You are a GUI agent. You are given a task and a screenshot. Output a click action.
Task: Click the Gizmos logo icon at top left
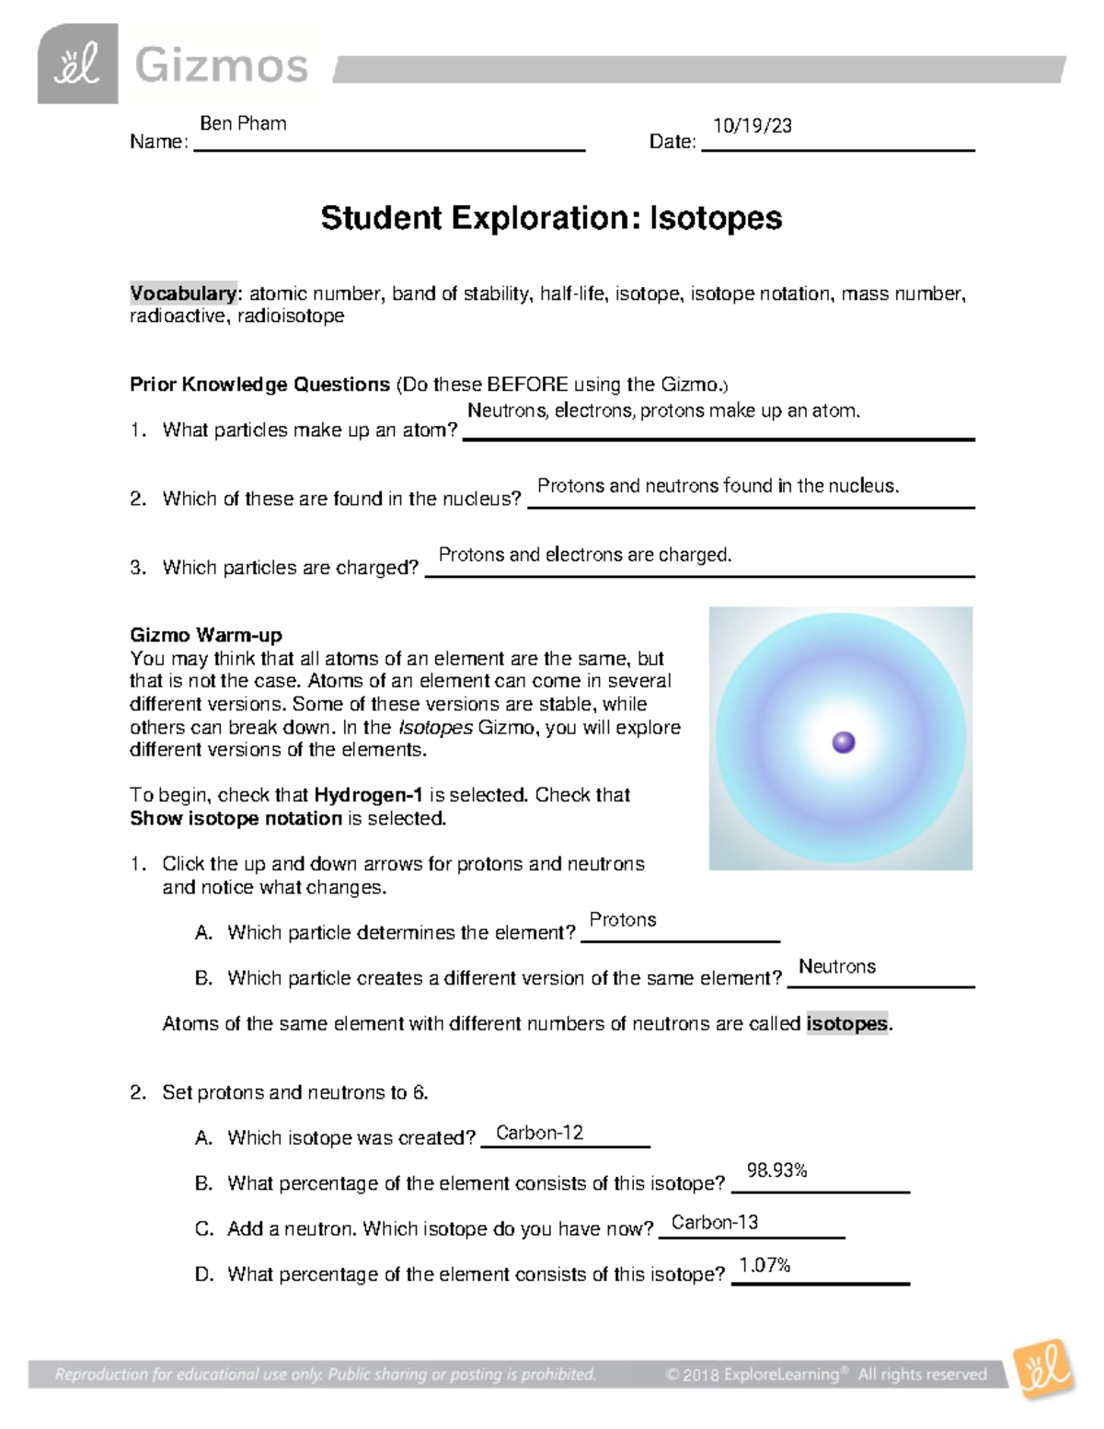click(x=77, y=64)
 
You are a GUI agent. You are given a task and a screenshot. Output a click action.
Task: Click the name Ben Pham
click(x=243, y=123)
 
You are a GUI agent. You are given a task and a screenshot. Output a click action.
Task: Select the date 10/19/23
click(x=752, y=126)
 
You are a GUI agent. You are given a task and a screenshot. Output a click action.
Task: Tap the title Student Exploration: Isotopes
click(x=551, y=218)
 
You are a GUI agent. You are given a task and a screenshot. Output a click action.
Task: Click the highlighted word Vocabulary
click(x=183, y=294)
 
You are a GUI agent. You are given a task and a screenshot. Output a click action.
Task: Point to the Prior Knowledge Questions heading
click(x=259, y=385)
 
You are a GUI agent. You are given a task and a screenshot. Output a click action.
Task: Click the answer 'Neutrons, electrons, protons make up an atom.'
click(x=663, y=410)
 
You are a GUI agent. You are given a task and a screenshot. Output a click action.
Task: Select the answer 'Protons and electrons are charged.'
click(x=585, y=555)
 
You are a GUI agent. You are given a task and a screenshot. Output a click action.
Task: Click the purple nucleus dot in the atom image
click(x=843, y=743)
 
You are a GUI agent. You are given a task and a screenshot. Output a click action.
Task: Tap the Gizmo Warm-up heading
click(x=206, y=635)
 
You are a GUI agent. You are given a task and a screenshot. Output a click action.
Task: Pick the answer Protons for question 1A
click(x=623, y=920)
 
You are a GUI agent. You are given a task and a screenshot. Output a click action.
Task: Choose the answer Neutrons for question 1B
click(x=836, y=966)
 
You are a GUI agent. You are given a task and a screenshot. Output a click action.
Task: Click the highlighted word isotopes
click(x=847, y=1023)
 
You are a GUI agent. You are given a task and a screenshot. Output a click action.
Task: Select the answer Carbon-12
click(x=539, y=1133)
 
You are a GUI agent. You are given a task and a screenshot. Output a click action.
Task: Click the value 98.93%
click(x=776, y=1170)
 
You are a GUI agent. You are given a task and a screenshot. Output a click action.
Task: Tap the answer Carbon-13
click(x=715, y=1222)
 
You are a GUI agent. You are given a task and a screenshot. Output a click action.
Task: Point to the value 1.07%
click(x=765, y=1265)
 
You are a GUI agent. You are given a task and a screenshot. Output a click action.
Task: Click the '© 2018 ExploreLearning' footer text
click(x=753, y=1375)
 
